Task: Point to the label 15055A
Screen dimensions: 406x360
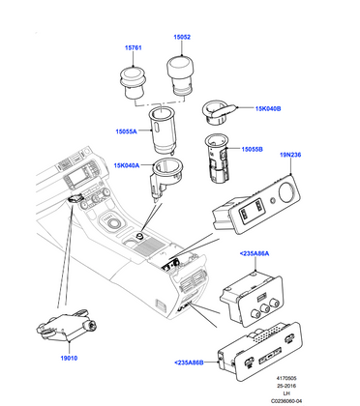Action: (x=127, y=127)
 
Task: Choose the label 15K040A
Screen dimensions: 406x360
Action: (x=125, y=165)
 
